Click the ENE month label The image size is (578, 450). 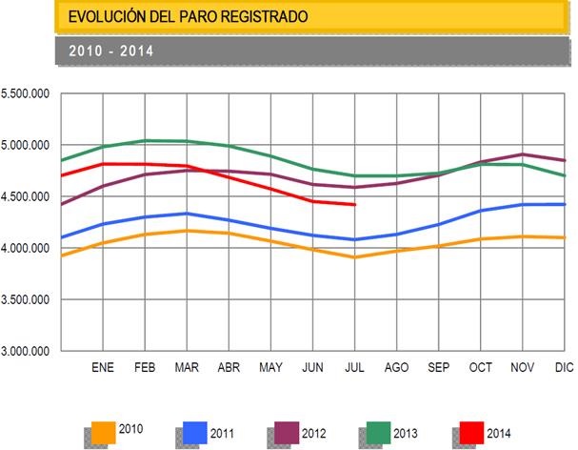pyautogui.click(x=103, y=366)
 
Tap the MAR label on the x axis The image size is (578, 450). pyautogui.click(x=188, y=366)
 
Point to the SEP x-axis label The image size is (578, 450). pyautogui.click(x=439, y=366)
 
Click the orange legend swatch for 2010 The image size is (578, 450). pyautogui.click(x=102, y=431)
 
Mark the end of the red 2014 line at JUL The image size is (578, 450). pyautogui.click(x=355, y=204)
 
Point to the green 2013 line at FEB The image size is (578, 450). pyautogui.click(x=146, y=141)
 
